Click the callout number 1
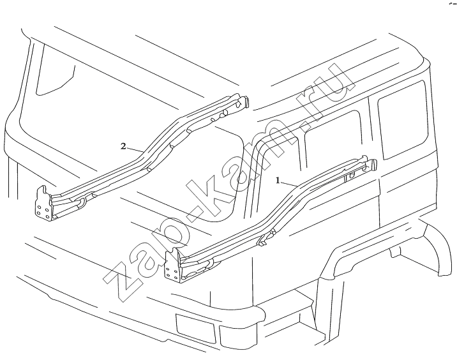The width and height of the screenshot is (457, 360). point(278,181)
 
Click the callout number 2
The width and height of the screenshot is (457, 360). point(124,146)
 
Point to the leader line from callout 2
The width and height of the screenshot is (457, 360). point(135,149)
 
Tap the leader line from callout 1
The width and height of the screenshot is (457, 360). point(289,184)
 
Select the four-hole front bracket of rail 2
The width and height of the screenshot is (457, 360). point(43,204)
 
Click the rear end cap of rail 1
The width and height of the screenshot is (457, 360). point(371,165)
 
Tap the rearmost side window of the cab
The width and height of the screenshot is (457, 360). point(403,119)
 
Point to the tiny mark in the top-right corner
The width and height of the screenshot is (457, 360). point(453,4)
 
